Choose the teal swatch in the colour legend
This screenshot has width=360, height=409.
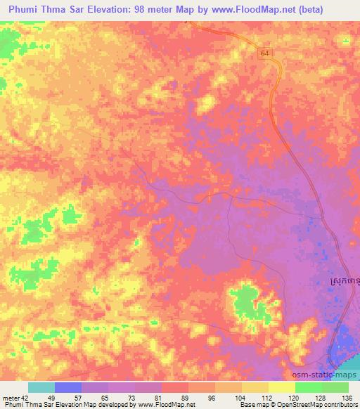41,387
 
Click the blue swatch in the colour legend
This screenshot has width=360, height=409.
68,387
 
